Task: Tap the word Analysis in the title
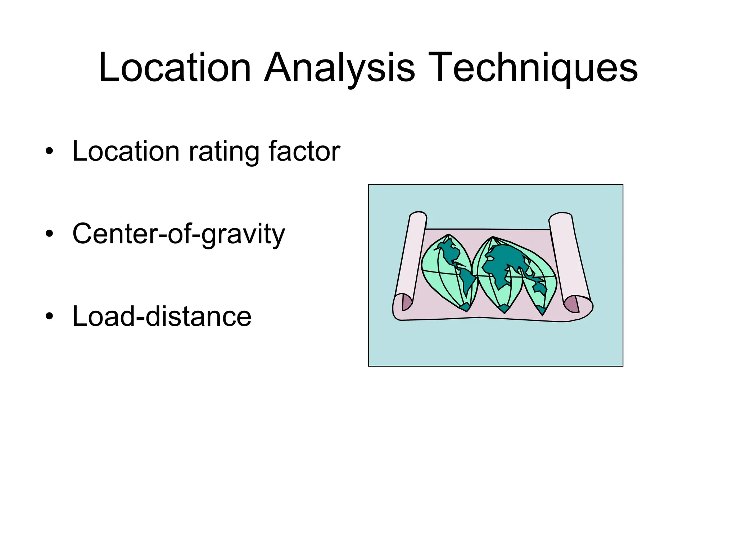click(339, 68)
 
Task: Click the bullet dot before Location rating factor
click(49, 152)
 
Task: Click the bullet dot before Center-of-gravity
click(49, 234)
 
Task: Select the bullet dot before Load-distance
click(49, 317)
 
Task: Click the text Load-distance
click(162, 317)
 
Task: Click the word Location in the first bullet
click(126, 152)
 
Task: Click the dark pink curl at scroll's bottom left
click(406, 302)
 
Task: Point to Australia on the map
click(540, 288)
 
